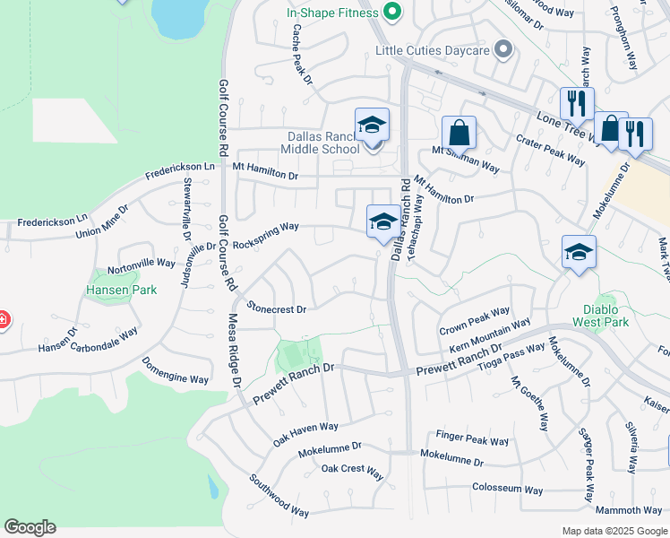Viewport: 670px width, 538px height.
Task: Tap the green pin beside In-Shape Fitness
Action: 390,12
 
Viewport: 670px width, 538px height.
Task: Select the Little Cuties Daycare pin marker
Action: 504,50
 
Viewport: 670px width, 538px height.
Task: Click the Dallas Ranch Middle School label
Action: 321,142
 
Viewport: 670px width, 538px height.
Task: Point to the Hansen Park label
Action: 121,290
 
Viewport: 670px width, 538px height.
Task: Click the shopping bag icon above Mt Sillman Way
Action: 459,134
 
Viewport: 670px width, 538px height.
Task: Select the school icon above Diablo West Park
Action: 579,252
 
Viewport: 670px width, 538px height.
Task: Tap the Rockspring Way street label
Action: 265,236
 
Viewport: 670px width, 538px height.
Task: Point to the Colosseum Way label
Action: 508,490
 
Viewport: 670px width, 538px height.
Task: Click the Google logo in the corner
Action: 30,527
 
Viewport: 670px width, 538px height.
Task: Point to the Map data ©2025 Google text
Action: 614,531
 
